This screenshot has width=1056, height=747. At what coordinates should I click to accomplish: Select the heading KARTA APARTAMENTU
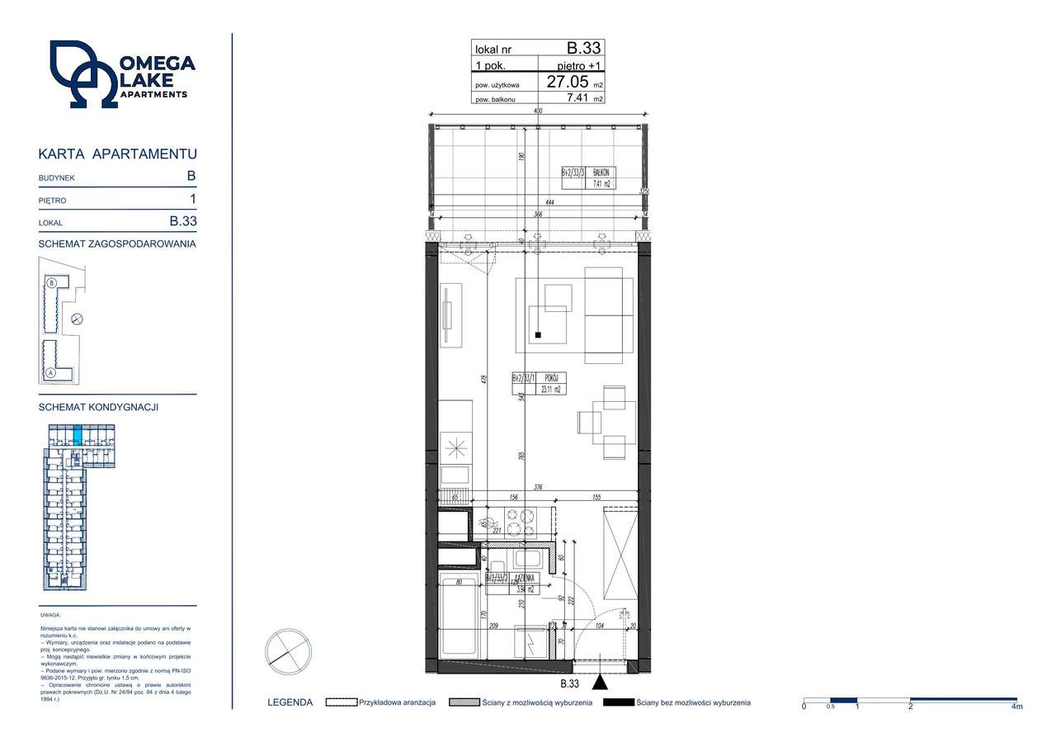[118, 154]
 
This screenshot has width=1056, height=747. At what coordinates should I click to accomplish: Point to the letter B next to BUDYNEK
[191, 176]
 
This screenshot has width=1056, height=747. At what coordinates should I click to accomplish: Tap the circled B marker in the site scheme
[52, 282]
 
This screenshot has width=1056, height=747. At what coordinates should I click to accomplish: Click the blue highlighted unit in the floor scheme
[78, 434]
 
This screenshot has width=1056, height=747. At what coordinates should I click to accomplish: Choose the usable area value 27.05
[568, 82]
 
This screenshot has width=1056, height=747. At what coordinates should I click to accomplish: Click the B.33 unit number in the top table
[583, 49]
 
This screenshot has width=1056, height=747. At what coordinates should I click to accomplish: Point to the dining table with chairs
[608, 422]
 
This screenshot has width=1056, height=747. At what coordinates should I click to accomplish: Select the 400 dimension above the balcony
[537, 111]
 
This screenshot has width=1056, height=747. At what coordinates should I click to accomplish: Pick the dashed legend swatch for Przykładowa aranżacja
[340, 702]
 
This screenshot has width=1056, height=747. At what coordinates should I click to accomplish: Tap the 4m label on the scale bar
[1016, 707]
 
